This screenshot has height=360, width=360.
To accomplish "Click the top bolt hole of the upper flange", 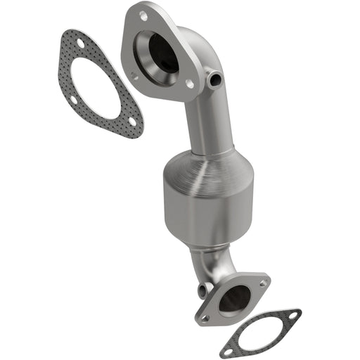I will pyautogui.click(x=143, y=15).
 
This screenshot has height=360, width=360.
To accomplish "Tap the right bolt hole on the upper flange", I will pyautogui.click(x=189, y=83).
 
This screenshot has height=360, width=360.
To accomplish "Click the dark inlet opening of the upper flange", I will pyautogui.click(x=162, y=53).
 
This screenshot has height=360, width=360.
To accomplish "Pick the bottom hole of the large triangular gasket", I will pyautogui.click(x=131, y=122).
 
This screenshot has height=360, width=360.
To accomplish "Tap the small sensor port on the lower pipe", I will pyautogui.click(x=202, y=288).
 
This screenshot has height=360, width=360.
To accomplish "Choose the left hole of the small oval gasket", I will pyautogui.click(x=228, y=349).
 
